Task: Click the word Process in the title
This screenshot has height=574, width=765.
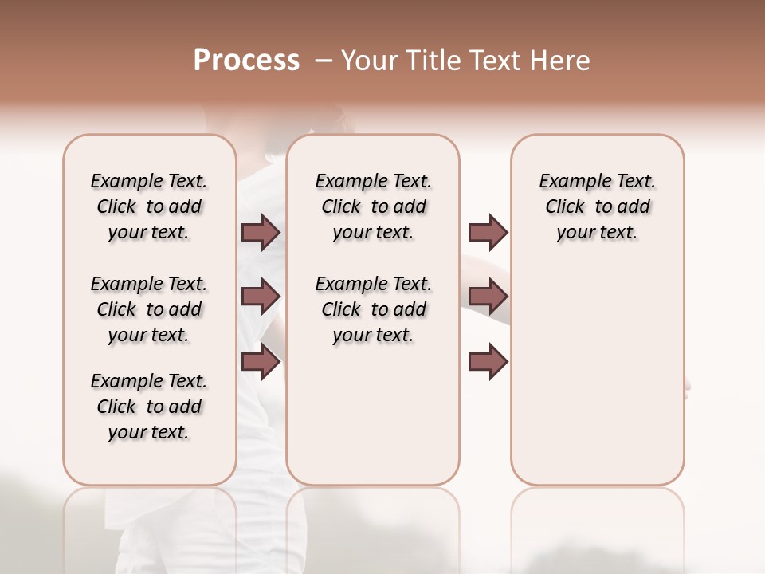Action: click(x=246, y=61)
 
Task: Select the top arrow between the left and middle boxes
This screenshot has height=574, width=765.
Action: click(x=261, y=232)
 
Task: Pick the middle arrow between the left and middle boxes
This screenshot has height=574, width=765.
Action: click(x=261, y=297)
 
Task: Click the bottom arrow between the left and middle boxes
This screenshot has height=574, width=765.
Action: click(x=261, y=363)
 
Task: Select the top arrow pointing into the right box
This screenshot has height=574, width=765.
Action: click(x=488, y=232)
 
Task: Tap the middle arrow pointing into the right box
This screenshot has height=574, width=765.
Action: click(x=488, y=297)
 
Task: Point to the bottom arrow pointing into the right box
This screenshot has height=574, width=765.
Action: click(x=488, y=363)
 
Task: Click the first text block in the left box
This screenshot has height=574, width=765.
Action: click(x=149, y=206)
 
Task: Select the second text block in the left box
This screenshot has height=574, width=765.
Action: click(x=149, y=309)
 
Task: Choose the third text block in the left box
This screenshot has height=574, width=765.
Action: click(x=149, y=407)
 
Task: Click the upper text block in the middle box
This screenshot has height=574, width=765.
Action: click(x=373, y=206)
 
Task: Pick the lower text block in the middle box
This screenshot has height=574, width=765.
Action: click(x=373, y=309)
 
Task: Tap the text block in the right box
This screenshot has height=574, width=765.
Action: click(x=597, y=206)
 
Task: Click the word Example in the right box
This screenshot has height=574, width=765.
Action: click(x=568, y=182)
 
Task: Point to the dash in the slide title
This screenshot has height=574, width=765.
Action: click(x=324, y=61)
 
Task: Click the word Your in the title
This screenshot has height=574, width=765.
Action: click(x=369, y=61)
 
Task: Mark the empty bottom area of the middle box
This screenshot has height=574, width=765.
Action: click(x=373, y=423)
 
